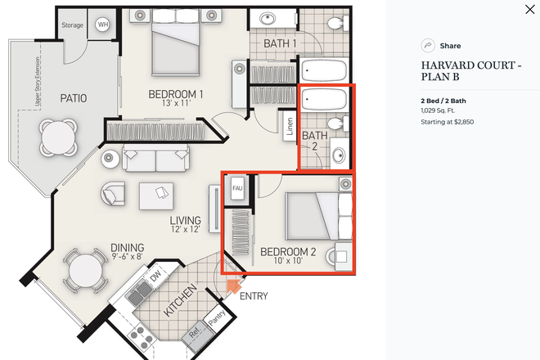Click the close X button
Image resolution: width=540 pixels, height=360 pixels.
(529, 10)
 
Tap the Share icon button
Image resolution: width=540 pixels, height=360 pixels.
(427, 46)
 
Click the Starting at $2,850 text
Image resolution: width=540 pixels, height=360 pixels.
(447, 122)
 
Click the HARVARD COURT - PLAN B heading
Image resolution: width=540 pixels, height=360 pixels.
(470, 72)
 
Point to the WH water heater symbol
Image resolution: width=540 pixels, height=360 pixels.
(103, 25)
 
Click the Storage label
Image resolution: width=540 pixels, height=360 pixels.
(72, 25)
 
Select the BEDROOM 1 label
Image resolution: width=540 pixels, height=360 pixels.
(175, 95)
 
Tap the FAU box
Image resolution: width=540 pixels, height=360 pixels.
(238, 189)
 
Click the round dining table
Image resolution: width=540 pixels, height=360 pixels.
(84, 268)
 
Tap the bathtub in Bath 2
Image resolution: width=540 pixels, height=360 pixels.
(324, 100)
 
